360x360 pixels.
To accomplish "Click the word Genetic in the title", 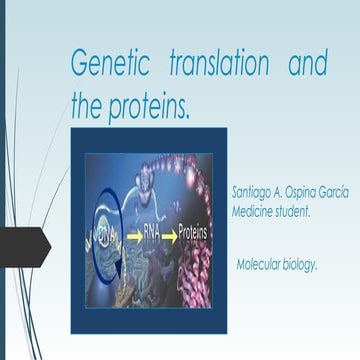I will coord(110,64).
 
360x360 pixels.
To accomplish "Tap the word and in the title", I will coord(307,64).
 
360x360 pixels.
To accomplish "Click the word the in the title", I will coord(89,103).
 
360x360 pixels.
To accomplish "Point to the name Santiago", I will coord(246,190).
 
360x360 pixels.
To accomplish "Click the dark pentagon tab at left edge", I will coord(22,247).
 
